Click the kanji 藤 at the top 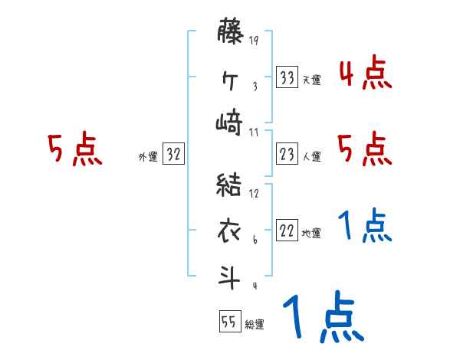tap(229, 35)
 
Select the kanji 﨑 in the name tap(229, 122)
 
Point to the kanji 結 tap(229, 185)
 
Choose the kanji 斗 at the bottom tap(229, 274)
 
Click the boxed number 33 tap(287, 77)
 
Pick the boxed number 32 tap(173, 154)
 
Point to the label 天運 tap(311, 80)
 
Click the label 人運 tap(311, 156)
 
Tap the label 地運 tap(311, 234)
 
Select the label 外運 tap(148, 156)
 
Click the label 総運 tap(255, 324)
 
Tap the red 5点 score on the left tap(75, 150)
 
